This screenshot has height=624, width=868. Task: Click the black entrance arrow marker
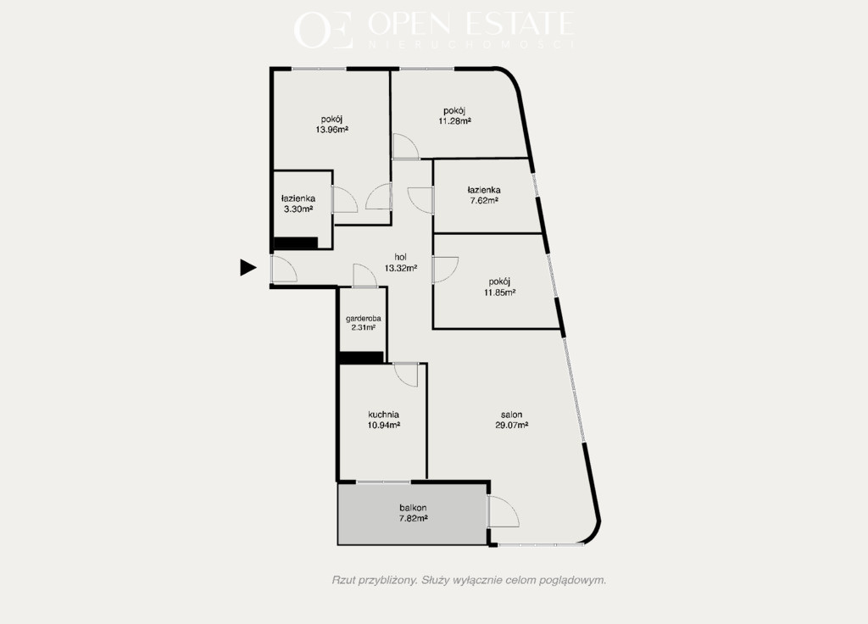pos(248,267)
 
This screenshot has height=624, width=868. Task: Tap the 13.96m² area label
pos(331,130)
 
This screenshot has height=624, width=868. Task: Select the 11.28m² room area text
pos(454,121)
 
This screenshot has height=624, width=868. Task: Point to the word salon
pos(511,414)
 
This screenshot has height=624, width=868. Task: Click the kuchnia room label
pos(384,414)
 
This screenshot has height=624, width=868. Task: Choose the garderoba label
pos(363,319)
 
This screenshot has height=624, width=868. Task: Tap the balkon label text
pos(413,508)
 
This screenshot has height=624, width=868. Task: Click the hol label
pos(401,257)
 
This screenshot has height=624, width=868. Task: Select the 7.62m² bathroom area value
pos(484,200)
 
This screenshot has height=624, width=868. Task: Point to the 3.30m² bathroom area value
pos(298,209)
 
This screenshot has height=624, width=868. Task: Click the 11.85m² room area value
pos(500,292)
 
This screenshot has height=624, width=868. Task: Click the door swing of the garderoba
pos(364,276)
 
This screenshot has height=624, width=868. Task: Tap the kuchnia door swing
pos(405,374)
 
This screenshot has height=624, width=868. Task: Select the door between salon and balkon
pos(504,511)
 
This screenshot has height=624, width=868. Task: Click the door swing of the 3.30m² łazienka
pos(345,198)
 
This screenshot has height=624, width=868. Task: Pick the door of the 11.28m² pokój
pos(405,147)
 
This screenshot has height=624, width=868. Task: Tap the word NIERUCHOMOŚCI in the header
pos(471,44)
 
